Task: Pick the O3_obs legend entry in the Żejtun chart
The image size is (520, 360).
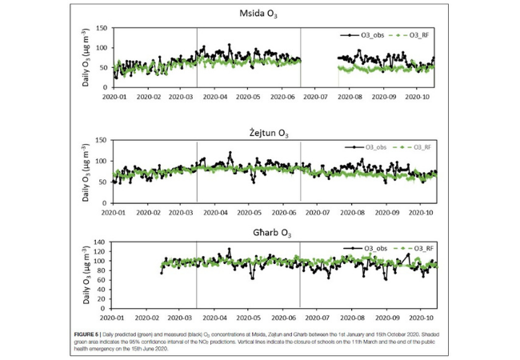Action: (x=365, y=146)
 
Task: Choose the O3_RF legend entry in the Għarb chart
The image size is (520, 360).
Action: (x=417, y=249)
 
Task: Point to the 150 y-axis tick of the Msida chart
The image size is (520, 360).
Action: (x=102, y=29)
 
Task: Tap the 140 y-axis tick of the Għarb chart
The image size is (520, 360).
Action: (x=102, y=242)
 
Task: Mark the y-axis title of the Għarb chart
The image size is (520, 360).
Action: (x=85, y=274)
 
